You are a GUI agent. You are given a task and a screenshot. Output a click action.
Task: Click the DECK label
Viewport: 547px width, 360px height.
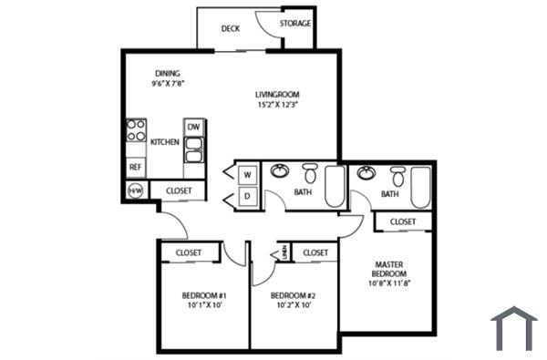pos(231,28)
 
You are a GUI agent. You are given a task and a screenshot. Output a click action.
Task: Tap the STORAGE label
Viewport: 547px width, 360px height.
pos(294,23)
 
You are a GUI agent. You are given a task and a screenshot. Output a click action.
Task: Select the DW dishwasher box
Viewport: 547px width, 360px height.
pos(194,127)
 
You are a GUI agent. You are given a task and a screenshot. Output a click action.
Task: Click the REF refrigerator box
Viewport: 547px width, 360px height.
pos(135,167)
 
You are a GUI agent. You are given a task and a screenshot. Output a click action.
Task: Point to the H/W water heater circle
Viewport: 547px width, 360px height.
pos(136,190)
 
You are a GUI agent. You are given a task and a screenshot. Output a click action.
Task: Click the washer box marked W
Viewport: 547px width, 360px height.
pos(247,173)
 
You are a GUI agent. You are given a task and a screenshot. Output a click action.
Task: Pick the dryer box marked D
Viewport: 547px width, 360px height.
pos(247,195)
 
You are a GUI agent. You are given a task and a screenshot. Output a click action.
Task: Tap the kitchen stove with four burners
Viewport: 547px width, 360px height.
pos(136,129)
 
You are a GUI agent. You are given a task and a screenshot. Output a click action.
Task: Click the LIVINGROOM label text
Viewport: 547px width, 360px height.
pos(277,94)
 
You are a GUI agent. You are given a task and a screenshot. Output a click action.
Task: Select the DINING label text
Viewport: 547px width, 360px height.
pos(167,73)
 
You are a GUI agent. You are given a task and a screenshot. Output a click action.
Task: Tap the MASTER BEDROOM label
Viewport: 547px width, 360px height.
pos(388,270)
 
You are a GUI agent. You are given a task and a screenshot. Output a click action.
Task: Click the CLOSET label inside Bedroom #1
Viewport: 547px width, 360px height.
pos(188,252)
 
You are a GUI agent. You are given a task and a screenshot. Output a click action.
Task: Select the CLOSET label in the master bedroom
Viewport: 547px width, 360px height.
pos(403,221)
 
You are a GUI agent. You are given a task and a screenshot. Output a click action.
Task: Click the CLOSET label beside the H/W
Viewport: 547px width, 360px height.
pos(179,190)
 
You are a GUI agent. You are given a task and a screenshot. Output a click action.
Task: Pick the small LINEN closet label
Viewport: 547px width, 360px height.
pos(284,252)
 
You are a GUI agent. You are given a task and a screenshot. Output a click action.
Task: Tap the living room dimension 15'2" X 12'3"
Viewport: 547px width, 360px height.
pos(277,105)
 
